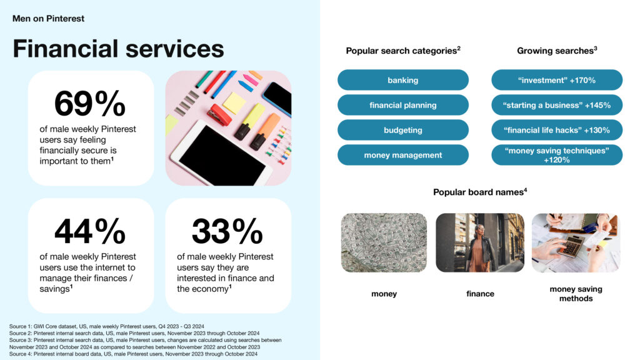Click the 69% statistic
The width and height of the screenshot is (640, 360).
pos(90,103)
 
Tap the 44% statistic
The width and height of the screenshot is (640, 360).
pos(90,231)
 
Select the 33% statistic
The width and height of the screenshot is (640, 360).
pos(227,231)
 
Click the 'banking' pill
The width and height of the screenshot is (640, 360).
pos(403,80)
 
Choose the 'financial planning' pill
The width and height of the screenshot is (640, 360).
pos(403,105)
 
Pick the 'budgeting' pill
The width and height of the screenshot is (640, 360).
pos(403,130)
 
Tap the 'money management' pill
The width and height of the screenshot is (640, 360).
pos(403,155)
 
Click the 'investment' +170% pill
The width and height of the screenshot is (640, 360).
pos(557,80)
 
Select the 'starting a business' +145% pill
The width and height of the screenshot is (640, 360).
pos(557,105)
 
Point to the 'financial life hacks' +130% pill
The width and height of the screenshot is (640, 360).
pos(557,130)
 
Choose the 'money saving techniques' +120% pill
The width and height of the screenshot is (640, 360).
pos(557,155)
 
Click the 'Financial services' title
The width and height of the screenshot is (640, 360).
pos(118,49)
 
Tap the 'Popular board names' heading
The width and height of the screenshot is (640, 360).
pos(480,192)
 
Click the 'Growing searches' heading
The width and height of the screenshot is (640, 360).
pos(557,51)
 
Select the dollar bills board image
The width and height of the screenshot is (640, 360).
pos(384,242)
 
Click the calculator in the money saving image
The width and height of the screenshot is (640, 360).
pos(569,244)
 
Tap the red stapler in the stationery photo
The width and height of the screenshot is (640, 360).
pos(219,115)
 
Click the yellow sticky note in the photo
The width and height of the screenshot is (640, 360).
pos(234,103)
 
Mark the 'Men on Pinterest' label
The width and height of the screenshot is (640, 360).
pos(48,18)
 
